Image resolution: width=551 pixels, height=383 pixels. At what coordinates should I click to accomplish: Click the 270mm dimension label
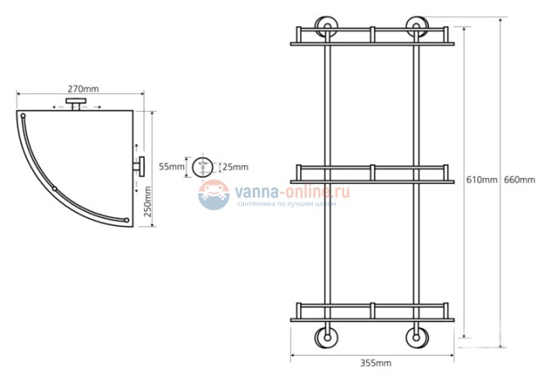83,89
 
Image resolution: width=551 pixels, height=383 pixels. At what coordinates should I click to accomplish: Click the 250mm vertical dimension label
147,202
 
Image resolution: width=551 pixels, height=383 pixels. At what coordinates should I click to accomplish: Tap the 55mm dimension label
171,166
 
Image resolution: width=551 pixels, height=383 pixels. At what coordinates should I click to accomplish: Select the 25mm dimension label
235,167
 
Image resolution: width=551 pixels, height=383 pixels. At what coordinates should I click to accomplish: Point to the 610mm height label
481,180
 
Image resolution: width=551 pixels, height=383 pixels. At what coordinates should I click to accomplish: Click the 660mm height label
520,180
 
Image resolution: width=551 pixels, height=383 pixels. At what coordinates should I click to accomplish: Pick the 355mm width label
376,363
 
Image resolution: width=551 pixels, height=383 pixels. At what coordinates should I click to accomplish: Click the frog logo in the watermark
214,195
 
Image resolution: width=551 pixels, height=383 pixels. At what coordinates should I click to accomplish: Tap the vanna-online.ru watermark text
292,191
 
